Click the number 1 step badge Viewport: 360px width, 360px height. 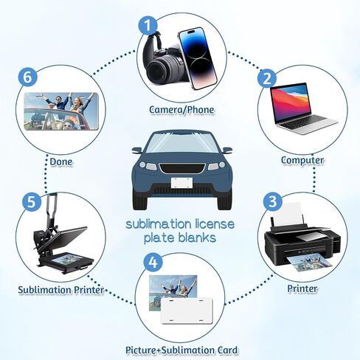tap(148, 26)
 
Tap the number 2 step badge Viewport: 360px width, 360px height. tap(267, 79)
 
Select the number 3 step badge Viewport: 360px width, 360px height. tap(272, 201)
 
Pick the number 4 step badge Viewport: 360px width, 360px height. tap(153, 263)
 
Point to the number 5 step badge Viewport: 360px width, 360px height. tap(32, 202)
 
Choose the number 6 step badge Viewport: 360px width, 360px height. tap(28, 77)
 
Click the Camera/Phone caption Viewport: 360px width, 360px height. tap(181, 110)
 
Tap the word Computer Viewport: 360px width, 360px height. tap(302, 160)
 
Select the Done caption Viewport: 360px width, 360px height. tap(61, 162)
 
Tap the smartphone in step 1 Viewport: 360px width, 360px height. tap(198, 58)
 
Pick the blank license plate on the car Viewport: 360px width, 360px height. tap(181, 183)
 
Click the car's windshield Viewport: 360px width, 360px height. tap(182, 143)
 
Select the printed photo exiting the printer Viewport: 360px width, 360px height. tap(309, 263)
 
